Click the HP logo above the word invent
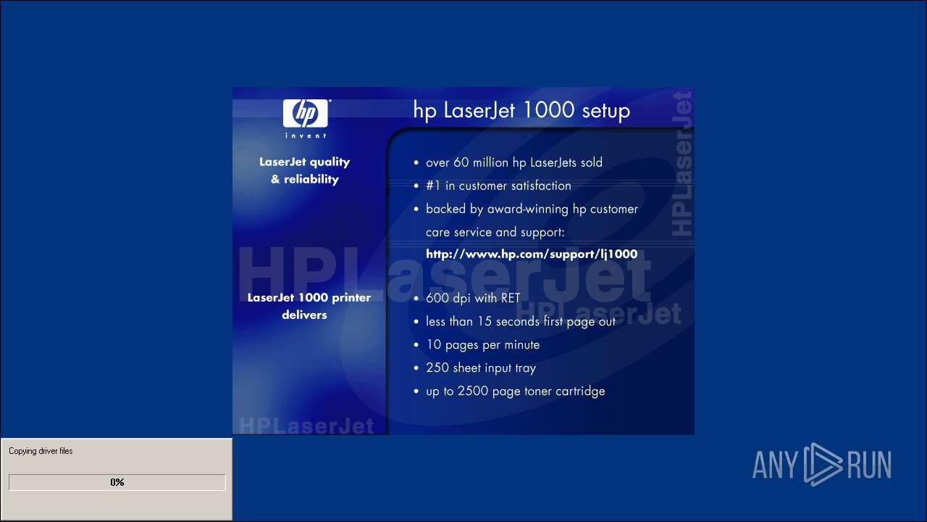[306, 113]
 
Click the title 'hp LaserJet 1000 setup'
[521, 111]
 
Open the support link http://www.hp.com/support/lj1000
[532, 254]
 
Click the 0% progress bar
[117, 482]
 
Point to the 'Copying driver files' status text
[41, 451]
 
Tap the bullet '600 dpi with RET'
[473, 298]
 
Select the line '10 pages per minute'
[483, 345]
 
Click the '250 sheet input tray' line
[481, 368]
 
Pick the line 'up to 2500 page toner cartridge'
[515, 391]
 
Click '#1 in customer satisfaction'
[498, 186]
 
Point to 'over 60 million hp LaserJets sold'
[514, 162]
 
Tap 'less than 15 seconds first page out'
[521, 321]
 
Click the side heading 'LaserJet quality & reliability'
[305, 170]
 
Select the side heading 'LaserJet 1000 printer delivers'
[309, 306]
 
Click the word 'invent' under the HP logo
[306, 136]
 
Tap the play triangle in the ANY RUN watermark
[822, 465]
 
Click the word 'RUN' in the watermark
[869, 465]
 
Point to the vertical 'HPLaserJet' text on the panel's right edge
[682, 164]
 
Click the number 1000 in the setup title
[548, 109]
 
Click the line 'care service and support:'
[495, 232]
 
